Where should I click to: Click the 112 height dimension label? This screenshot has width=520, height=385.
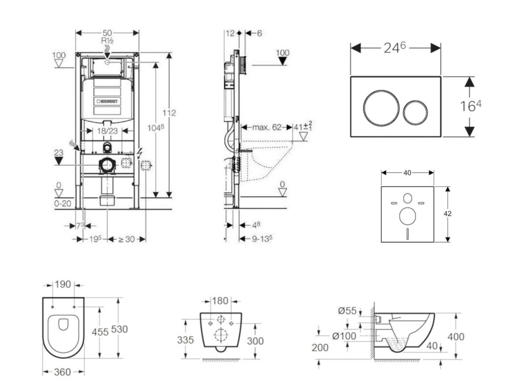[x=170, y=113]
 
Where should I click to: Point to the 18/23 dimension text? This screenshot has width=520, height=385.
[x=107, y=131]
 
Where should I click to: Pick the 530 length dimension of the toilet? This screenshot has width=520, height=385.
[x=119, y=329]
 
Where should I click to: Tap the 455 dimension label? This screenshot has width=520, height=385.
[x=100, y=332]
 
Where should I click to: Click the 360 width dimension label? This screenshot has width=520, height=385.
[x=62, y=372]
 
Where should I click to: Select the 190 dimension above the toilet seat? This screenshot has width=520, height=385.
[x=63, y=284]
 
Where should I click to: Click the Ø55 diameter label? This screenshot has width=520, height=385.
[x=347, y=311]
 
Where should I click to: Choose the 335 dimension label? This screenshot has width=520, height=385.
[x=186, y=340]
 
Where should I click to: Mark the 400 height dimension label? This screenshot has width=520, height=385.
[x=456, y=336]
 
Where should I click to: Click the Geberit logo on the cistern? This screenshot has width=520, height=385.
[x=107, y=101]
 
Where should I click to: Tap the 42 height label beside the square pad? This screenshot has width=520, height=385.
[x=447, y=214]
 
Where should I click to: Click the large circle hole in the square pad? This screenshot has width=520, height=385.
[x=407, y=216]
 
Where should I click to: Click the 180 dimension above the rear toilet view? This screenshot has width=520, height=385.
[x=220, y=301]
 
